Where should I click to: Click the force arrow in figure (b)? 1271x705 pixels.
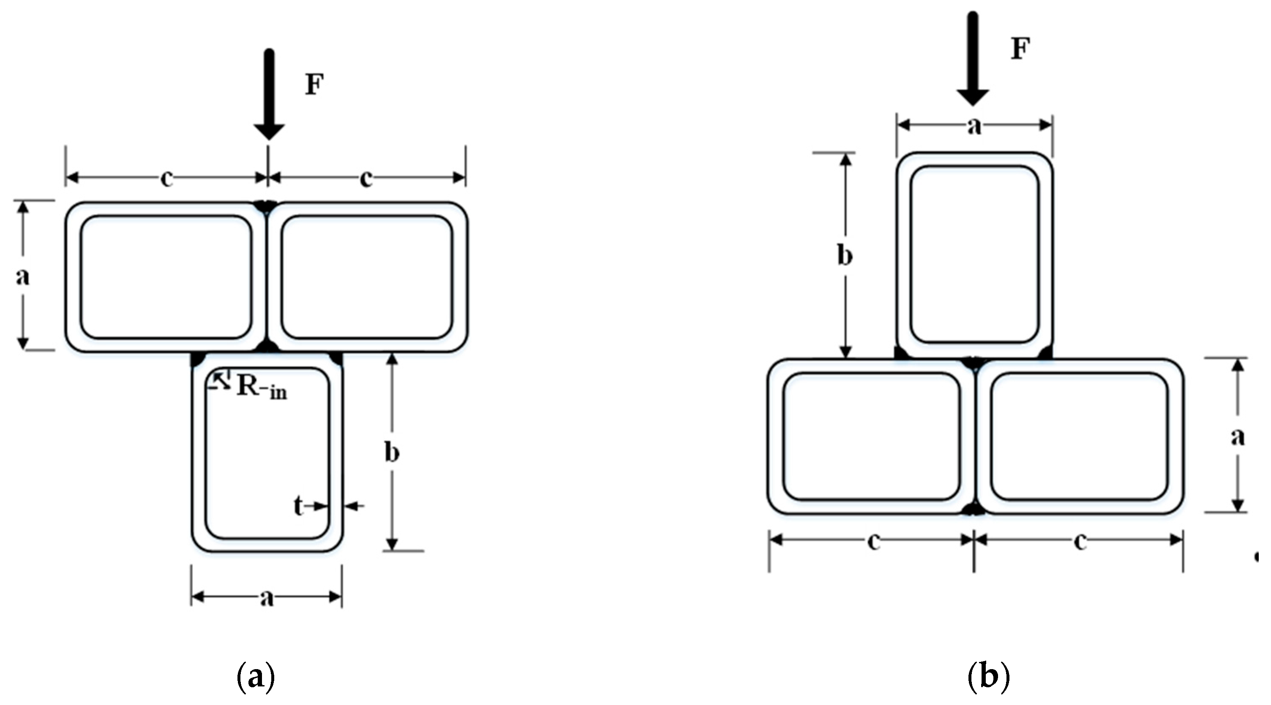click(973, 59)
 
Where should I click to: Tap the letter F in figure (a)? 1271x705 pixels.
click(314, 85)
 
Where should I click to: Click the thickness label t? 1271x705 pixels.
click(298, 506)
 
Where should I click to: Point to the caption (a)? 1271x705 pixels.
click(256, 678)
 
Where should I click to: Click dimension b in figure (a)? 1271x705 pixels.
click(392, 453)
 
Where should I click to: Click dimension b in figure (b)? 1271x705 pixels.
click(845, 256)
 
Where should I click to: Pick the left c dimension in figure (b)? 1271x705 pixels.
click(873, 541)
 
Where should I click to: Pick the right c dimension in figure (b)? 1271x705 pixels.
click(1080, 541)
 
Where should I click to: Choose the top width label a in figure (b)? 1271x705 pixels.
click(974, 126)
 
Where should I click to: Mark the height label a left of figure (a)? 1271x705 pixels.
click(22, 276)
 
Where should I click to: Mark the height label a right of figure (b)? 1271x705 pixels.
click(1238, 437)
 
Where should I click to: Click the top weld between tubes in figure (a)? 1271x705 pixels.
click(267, 206)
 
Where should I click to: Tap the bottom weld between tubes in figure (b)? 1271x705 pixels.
click(974, 509)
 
